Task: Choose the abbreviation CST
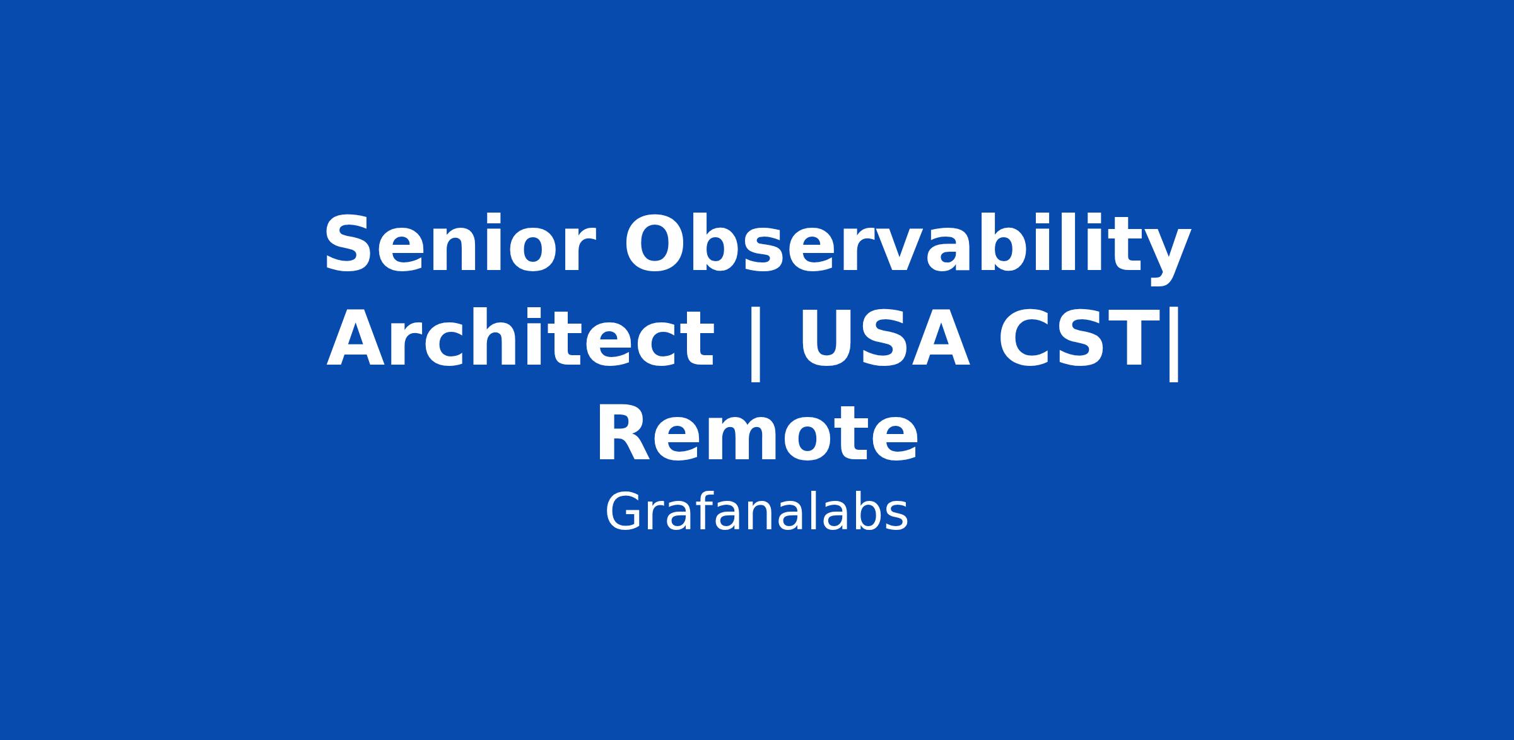point(1081,339)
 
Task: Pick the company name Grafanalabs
point(756,512)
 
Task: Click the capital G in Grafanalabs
point(621,512)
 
